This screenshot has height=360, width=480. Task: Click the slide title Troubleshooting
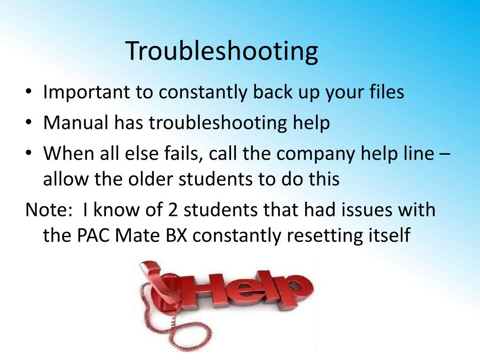[x=222, y=52]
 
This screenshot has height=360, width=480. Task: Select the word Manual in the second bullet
[x=76, y=123]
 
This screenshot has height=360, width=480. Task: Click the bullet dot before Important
[x=29, y=91]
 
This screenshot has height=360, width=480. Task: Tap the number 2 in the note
[x=173, y=210]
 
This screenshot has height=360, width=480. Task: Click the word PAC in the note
[x=93, y=235]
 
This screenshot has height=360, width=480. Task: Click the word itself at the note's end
[x=389, y=235]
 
